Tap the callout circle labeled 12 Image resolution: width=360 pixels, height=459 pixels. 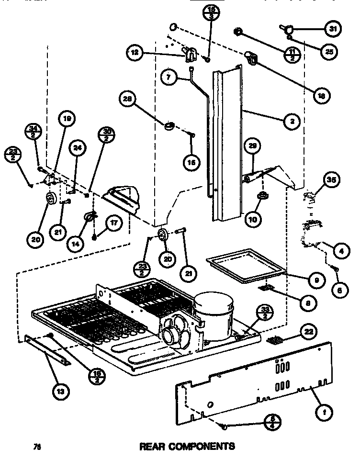136,53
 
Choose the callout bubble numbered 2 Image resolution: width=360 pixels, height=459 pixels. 291,121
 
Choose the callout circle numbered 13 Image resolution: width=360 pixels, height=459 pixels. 64,391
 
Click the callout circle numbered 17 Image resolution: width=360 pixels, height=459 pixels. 113,223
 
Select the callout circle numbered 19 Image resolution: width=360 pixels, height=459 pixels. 67,118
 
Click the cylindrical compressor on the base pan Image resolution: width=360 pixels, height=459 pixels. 214,316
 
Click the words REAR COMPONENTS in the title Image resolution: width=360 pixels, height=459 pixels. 187,447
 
